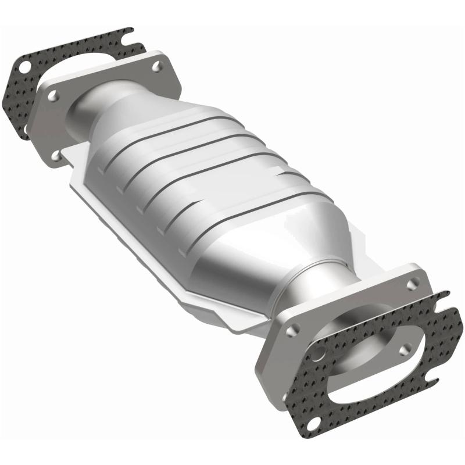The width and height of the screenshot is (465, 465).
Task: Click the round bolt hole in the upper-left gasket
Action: (x=24, y=66)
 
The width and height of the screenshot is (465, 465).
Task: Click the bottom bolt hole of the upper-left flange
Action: (x=56, y=156)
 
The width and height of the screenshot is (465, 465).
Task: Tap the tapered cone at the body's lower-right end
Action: (x=273, y=256)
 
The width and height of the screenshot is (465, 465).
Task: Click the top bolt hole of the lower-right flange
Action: (x=413, y=284)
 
